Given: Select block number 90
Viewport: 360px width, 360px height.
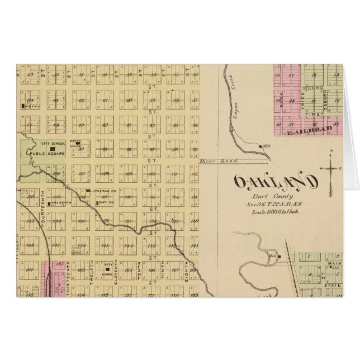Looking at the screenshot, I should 80,149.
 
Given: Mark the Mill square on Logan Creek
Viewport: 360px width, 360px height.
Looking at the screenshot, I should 261,146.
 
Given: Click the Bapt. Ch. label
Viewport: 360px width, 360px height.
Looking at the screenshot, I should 96,202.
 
